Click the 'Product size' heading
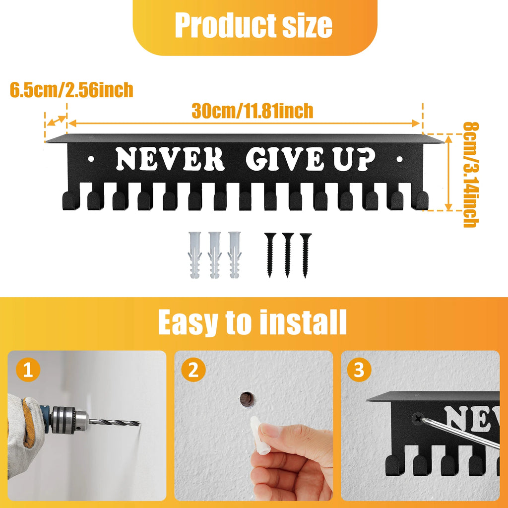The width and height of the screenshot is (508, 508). (x=254, y=25)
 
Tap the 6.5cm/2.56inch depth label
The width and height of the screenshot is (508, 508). (x=71, y=90)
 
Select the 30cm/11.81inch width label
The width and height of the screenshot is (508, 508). (x=253, y=111)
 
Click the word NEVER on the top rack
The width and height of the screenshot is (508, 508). (x=170, y=159)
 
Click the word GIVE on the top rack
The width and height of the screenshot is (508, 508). (x=285, y=159)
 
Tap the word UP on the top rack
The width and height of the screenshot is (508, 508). (x=354, y=159)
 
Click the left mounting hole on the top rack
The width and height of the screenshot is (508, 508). (x=91, y=159)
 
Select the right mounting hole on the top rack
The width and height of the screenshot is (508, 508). (x=399, y=159)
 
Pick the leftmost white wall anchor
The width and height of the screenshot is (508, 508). (x=194, y=254)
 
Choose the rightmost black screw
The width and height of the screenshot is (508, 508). (x=305, y=255)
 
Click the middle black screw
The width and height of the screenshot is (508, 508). (x=288, y=255)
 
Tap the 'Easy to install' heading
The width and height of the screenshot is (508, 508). (x=253, y=322)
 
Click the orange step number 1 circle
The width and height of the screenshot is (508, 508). (x=28, y=369)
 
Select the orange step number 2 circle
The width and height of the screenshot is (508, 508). (x=193, y=369)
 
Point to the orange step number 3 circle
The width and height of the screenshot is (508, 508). (x=359, y=369)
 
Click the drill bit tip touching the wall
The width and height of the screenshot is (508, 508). (x=139, y=424)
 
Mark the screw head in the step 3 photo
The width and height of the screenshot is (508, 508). (x=419, y=419)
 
